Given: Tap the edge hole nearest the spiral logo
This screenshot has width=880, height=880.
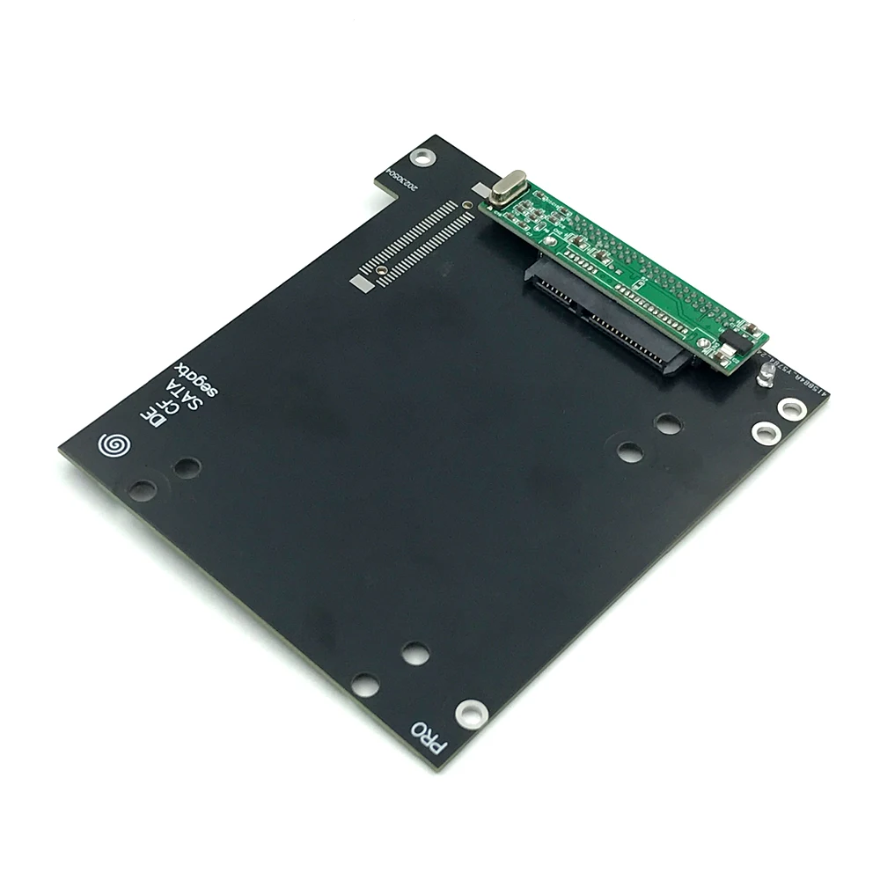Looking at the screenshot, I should (x=142, y=488).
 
